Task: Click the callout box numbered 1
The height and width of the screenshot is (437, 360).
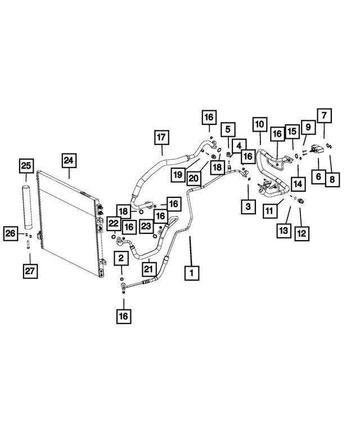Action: (192, 273)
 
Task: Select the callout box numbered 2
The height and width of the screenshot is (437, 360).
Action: (121, 259)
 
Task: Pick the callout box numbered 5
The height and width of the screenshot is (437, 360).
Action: (227, 130)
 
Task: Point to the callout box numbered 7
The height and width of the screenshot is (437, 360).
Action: (323, 116)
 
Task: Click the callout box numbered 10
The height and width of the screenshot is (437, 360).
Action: (259, 124)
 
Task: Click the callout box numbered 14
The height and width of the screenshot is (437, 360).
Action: (298, 183)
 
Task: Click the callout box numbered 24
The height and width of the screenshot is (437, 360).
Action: (69, 161)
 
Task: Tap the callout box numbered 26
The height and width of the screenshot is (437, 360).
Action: (11, 233)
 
